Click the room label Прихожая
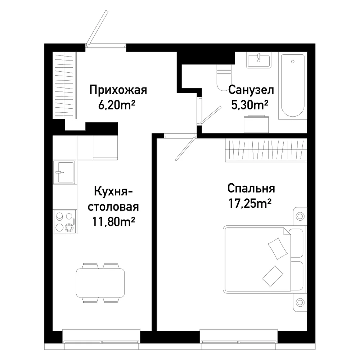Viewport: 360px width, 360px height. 118,90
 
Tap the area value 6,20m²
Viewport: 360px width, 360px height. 117,105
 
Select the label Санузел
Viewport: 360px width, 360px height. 251,90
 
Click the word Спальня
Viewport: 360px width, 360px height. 251,189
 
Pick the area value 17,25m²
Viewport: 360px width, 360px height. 250,203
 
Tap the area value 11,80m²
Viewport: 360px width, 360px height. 114,222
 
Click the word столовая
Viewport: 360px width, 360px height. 113,207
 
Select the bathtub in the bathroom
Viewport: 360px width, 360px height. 293,85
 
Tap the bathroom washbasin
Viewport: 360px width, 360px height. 259,60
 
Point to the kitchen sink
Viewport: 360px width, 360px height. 64,172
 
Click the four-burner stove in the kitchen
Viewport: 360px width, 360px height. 65,221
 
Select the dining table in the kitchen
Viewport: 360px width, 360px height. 100,283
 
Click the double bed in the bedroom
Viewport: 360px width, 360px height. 263,259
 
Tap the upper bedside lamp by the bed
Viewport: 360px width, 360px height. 300,216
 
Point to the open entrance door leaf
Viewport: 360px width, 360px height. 97,27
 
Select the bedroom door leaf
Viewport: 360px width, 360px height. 185,149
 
